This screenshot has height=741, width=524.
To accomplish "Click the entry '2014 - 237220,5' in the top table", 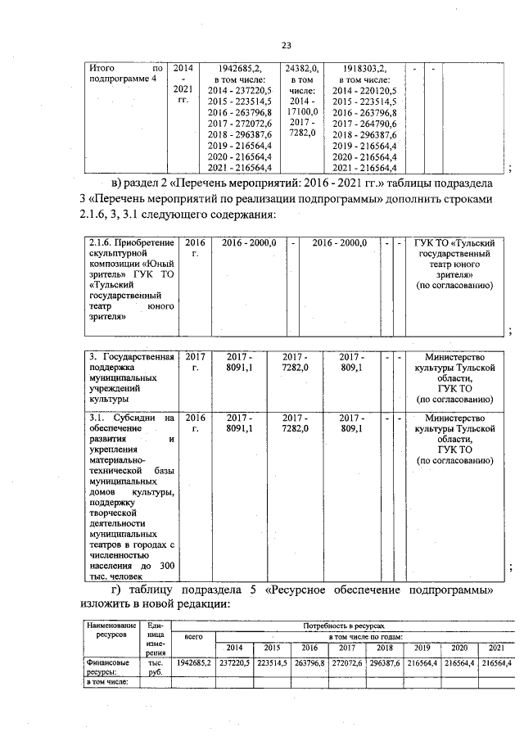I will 241,90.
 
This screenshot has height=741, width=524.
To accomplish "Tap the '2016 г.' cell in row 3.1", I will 194,422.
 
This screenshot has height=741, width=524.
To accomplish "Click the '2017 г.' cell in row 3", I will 194,362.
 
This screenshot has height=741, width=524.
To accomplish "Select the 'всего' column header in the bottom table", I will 194,635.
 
